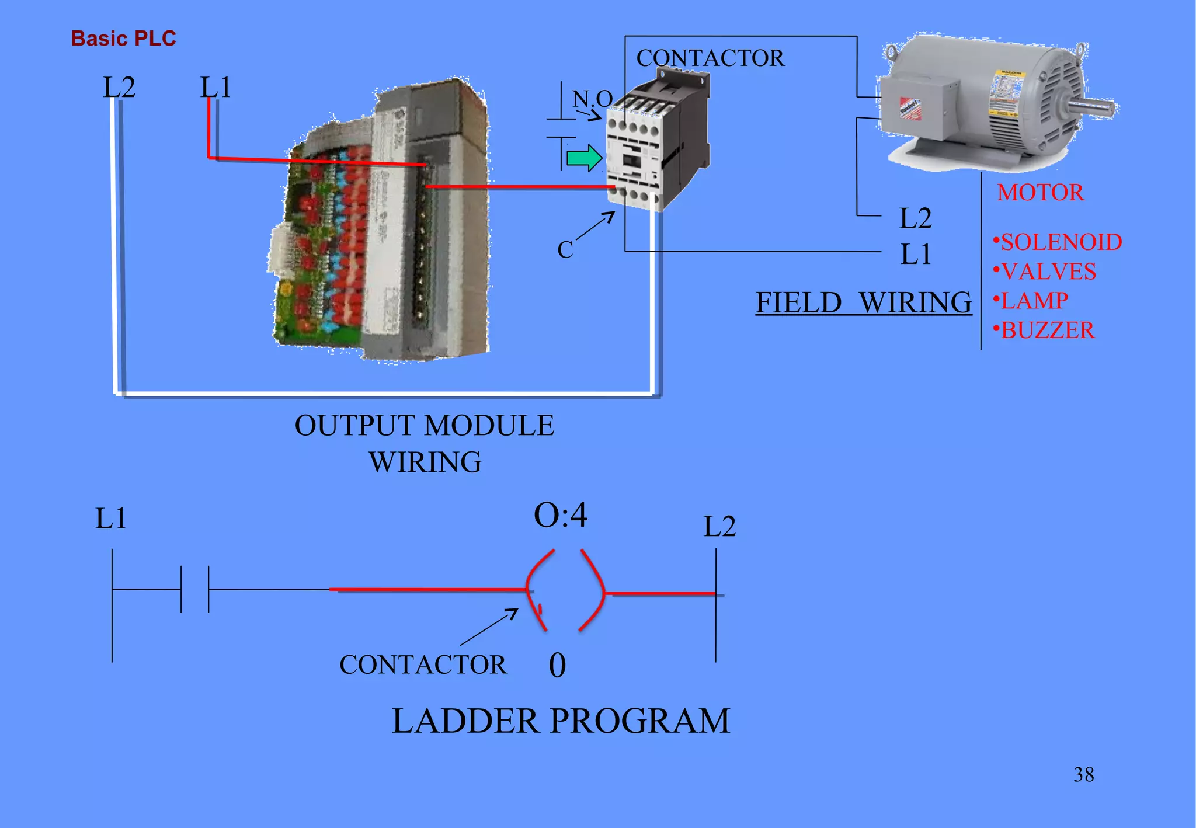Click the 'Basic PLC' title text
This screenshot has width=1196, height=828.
tap(123, 39)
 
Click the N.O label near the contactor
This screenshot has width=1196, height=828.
tap(592, 99)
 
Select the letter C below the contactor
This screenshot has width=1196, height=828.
tap(565, 250)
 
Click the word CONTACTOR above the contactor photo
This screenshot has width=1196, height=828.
tap(710, 58)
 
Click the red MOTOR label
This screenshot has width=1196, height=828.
tap(1040, 193)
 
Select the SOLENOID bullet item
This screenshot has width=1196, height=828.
tap(1058, 242)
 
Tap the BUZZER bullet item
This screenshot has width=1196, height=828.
tap(1045, 330)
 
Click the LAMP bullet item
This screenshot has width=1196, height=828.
tap(1032, 301)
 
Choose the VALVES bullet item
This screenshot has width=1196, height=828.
tap(1046, 272)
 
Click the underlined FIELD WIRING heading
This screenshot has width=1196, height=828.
tap(863, 302)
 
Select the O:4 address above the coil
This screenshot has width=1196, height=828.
tap(561, 515)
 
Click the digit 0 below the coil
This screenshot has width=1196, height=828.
tap(557, 665)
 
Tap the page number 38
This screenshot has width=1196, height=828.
tap(1083, 775)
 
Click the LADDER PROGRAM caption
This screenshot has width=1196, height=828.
tap(561, 721)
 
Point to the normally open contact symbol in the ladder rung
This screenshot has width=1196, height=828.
tap(194, 589)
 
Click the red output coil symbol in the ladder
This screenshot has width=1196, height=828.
tap(565, 591)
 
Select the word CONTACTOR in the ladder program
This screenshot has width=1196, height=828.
tap(423, 665)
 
